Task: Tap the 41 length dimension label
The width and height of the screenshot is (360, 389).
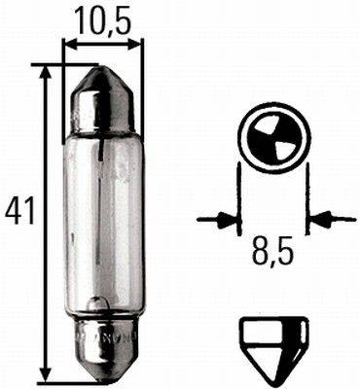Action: point(17,208)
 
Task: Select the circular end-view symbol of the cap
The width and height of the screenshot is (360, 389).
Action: point(272,137)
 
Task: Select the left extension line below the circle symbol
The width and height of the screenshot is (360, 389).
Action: point(239,199)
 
